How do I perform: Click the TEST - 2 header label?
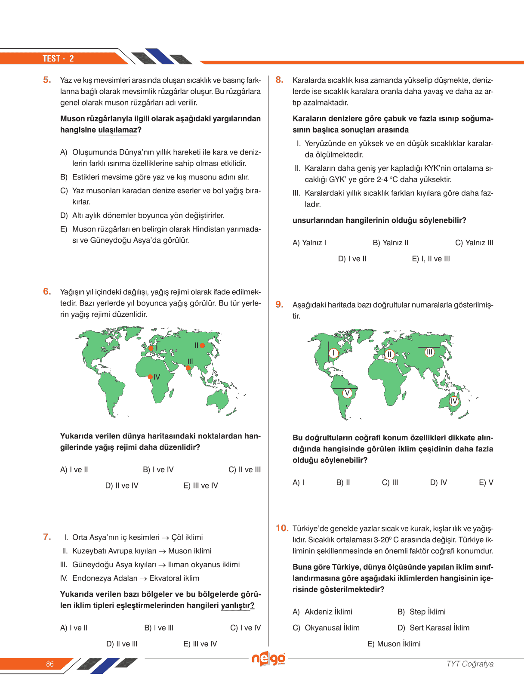(58, 59)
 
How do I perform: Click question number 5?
(47, 80)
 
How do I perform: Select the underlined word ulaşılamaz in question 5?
(117, 130)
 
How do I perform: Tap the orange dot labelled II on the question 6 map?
(202, 345)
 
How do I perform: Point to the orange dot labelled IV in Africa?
(150, 377)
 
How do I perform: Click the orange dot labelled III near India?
(188, 368)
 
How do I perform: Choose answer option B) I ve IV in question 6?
(158, 470)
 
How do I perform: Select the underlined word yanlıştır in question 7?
(236, 605)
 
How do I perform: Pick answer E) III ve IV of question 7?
(200, 644)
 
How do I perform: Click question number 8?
(280, 80)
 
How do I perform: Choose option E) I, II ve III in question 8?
(431, 259)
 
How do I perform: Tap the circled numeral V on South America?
(347, 392)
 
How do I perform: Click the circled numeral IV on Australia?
(453, 401)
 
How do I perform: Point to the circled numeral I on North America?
(334, 353)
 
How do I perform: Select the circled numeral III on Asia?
(429, 352)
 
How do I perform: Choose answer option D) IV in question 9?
(438, 482)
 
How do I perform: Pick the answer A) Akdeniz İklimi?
(322, 612)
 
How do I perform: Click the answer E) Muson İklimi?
(394, 644)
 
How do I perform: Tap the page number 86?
(50, 664)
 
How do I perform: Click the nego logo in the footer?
(268, 659)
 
